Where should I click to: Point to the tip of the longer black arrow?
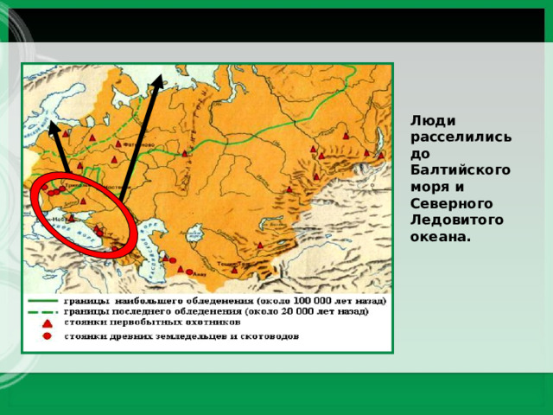tap(159, 75)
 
